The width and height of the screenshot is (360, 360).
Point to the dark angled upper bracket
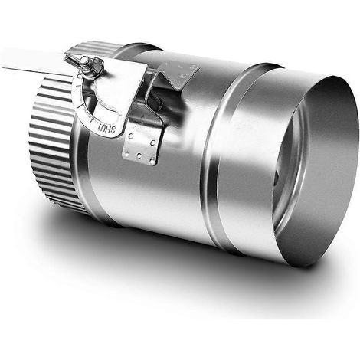click(x=178, y=74)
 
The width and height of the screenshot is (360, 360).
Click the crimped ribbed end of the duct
click(x=51, y=143)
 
